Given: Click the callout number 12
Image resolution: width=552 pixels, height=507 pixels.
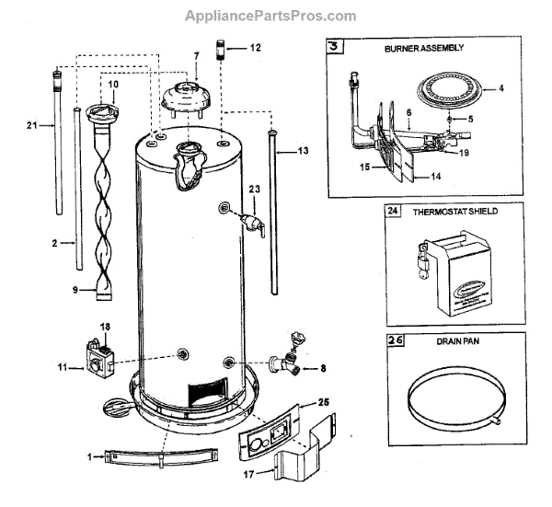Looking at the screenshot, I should coord(255,46).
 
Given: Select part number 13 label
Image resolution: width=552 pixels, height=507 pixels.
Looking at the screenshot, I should coord(305,149).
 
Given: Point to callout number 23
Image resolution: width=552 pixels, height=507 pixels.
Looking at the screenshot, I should coord(255,189).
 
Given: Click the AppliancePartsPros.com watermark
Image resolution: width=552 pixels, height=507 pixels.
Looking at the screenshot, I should coord(270,16).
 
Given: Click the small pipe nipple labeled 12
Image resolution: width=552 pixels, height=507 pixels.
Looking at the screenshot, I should coord(223,47).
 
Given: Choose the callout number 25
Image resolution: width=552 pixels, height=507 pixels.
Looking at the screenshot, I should coord(322,402).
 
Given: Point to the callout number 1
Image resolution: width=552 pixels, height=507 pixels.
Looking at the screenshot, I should coord(89,455).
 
